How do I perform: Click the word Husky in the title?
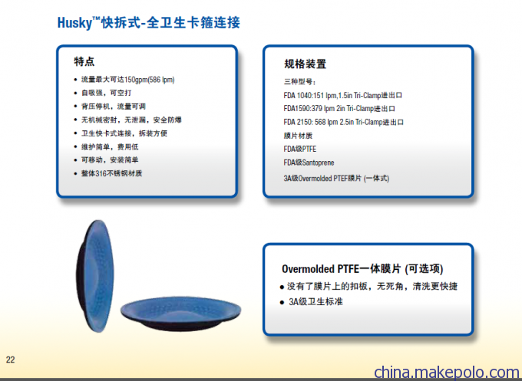(x=74, y=23)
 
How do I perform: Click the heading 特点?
(x=84, y=61)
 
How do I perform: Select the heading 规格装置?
(x=305, y=64)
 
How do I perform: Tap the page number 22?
(x=10, y=360)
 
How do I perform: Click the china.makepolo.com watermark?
(x=447, y=372)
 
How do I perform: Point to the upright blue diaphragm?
(x=95, y=276)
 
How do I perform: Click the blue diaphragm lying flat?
(x=180, y=314)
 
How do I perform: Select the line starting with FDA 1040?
(x=342, y=95)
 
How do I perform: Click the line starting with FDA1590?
(x=339, y=109)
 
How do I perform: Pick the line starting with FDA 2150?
(x=343, y=122)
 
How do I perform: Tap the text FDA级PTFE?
(x=300, y=149)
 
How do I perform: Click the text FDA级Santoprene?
(x=309, y=163)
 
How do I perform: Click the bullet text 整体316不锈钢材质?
(x=112, y=173)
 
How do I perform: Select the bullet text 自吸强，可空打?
(x=107, y=93)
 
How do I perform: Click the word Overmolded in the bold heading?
(x=308, y=268)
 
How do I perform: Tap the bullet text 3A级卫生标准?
(x=316, y=301)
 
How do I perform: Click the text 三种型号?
(x=299, y=82)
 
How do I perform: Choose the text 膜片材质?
(x=298, y=136)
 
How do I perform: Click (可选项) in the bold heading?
(x=424, y=268)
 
